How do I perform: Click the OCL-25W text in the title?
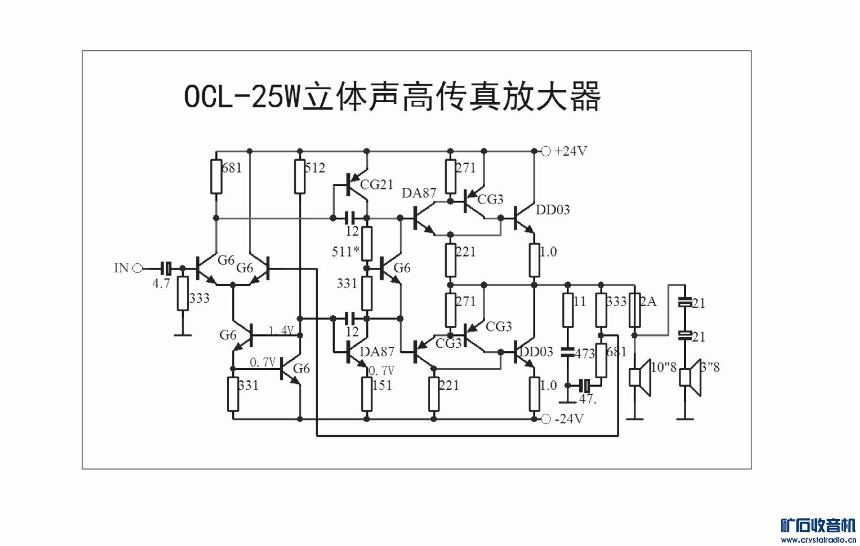pyautogui.click(x=243, y=97)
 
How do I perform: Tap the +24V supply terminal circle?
pyautogui.click(x=546, y=151)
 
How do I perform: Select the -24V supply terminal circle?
pyautogui.click(x=546, y=419)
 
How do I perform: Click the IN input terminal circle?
pyautogui.click(x=138, y=268)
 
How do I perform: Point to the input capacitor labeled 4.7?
pyautogui.click(x=166, y=268)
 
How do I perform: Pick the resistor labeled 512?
pyautogui.click(x=300, y=177)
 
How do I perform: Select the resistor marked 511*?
pyautogui.click(x=367, y=244)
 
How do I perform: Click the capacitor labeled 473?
pyautogui.click(x=568, y=353)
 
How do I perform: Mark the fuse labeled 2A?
pyautogui.click(x=635, y=310)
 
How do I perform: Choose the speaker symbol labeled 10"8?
pyautogui.click(x=640, y=377)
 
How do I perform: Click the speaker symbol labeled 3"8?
pyautogui.click(x=690, y=377)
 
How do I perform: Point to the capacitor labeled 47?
pyautogui.click(x=584, y=385)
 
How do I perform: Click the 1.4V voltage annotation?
pyautogui.click(x=281, y=331)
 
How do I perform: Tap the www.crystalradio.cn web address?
pyautogui.click(x=818, y=540)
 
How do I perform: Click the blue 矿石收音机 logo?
pyautogui.click(x=818, y=525)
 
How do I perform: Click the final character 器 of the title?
pyautogui.click(x=584, y=97)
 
